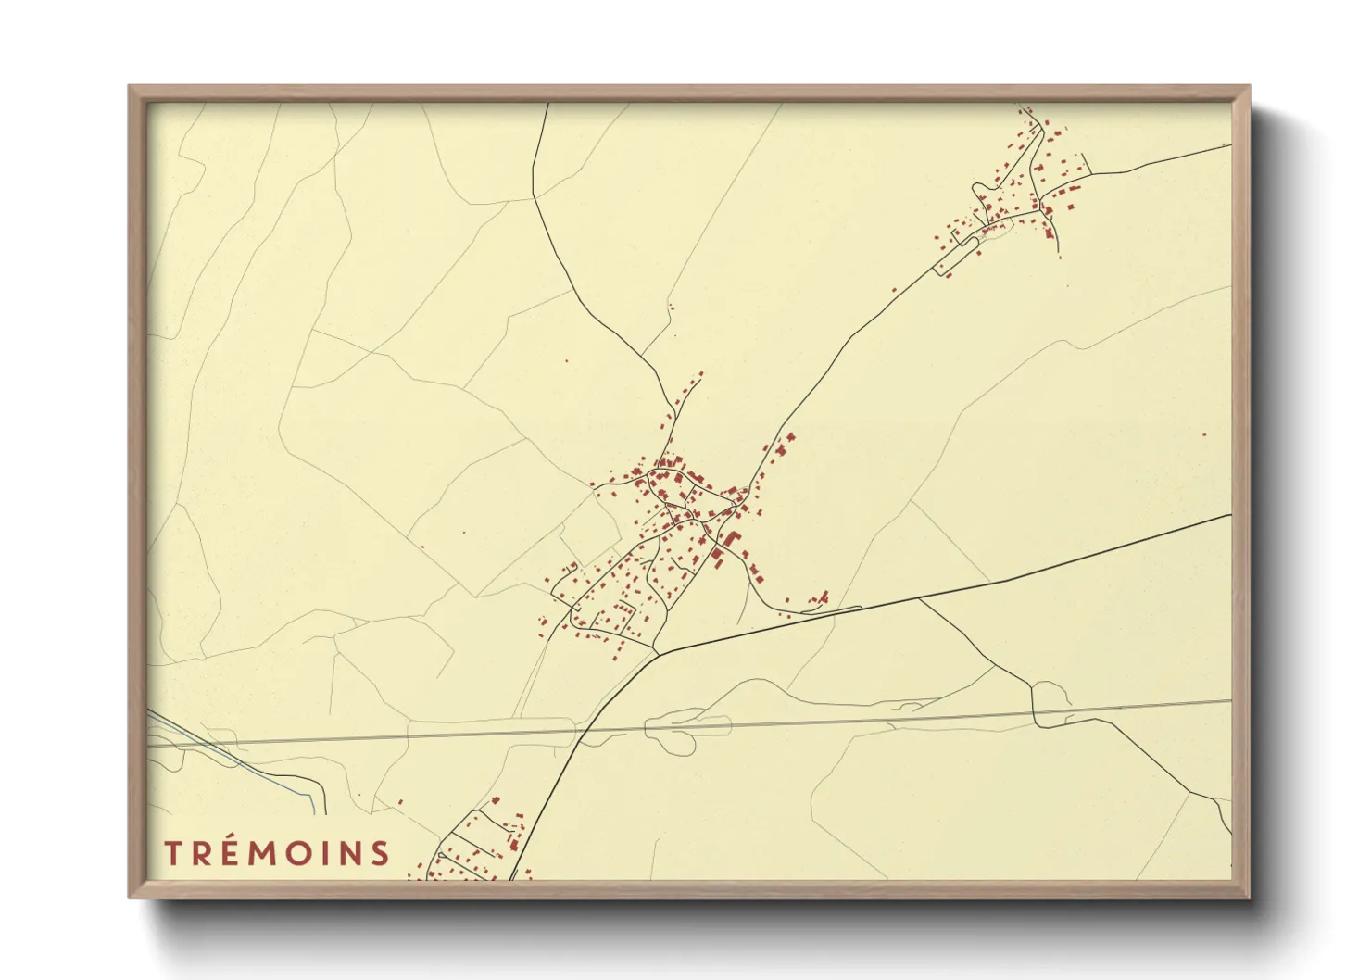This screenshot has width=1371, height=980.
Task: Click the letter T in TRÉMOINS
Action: pyautogui.click(x=174, y=853)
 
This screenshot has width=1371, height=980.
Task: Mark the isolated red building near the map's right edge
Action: pyautogui.click(x=1203, y=433)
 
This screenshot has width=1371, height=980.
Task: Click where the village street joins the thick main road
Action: pyautogui.click(x=658, y=653)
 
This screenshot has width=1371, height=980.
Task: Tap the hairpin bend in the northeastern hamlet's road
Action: pyautogui.click(x=976, y=190)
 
